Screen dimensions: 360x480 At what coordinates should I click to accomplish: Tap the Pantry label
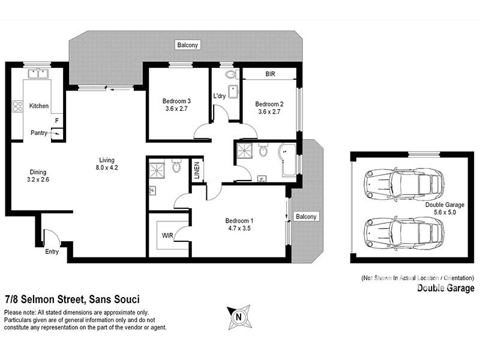point(40,133)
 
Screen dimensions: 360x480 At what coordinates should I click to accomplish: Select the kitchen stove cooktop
point(17,107)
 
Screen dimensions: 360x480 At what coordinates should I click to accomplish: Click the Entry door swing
point(51,237)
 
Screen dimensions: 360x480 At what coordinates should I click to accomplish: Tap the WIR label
point(167,235)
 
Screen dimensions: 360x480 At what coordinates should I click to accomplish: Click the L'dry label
point(219,96)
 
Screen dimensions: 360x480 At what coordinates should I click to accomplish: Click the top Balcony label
point(187,45)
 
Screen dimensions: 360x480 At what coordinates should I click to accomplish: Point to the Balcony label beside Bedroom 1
point(307,217)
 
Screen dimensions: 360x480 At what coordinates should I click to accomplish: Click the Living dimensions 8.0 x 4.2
point(107,169)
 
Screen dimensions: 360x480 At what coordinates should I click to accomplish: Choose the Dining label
point(37,172)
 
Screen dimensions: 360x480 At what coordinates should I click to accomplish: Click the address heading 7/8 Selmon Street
point(72,299)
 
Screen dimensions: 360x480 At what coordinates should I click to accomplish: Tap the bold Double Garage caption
point(446,289)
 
